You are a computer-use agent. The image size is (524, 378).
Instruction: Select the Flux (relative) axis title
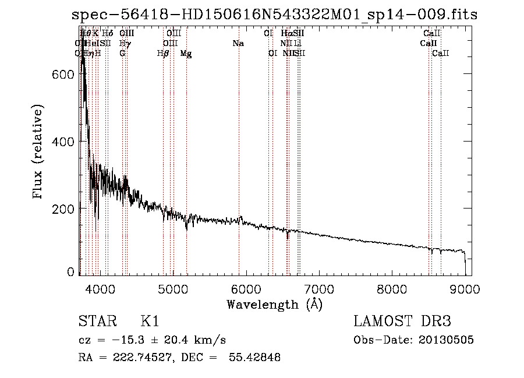tap(39, 153)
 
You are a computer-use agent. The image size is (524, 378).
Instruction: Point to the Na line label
tap(238, 44)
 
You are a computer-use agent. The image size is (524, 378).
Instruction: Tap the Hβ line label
tap(163, 54)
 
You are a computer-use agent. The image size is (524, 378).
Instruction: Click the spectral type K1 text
tap(150, 322)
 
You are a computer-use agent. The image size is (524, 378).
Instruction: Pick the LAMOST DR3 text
tap(402, 322)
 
